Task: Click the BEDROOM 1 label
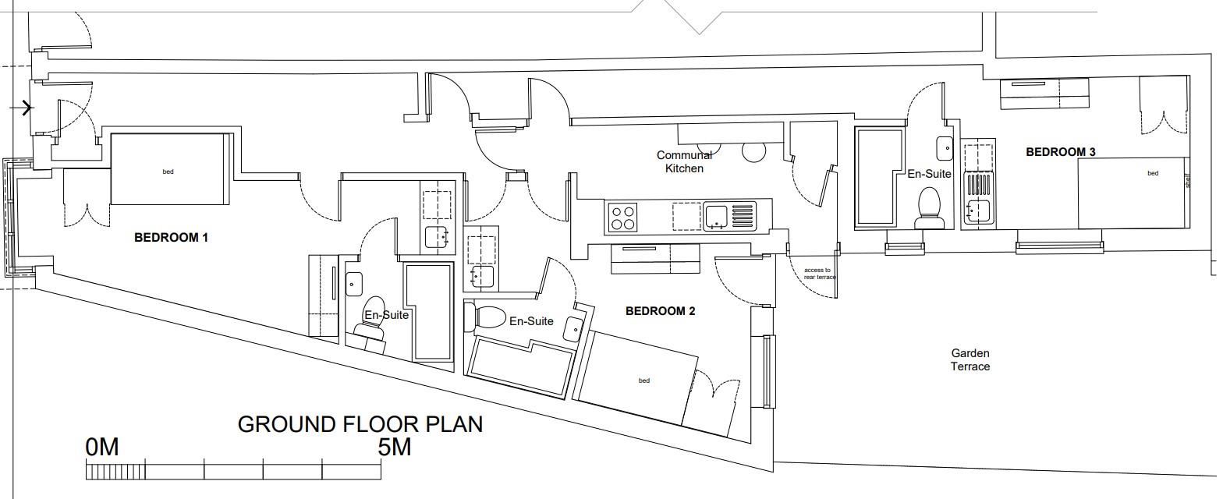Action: pos(171,238)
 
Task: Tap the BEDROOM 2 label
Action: pos(660,311)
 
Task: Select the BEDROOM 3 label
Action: pos(1060,152)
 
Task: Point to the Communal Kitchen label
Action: pos(684,161)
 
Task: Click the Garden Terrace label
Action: pos(970,359)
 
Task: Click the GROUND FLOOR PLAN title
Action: pos(360,424)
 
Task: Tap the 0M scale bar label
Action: pos(102,447)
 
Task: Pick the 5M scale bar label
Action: pos(394,447)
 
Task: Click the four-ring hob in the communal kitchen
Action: pos(622,217)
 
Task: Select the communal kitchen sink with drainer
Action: pos(729,216)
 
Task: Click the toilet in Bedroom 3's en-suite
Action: pos(929,208)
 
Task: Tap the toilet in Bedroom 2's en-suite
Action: pos(484,317)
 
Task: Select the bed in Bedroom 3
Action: pos(1133,193)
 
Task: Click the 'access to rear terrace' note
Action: pos(819,274)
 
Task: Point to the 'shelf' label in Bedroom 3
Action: pos(1188,181)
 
